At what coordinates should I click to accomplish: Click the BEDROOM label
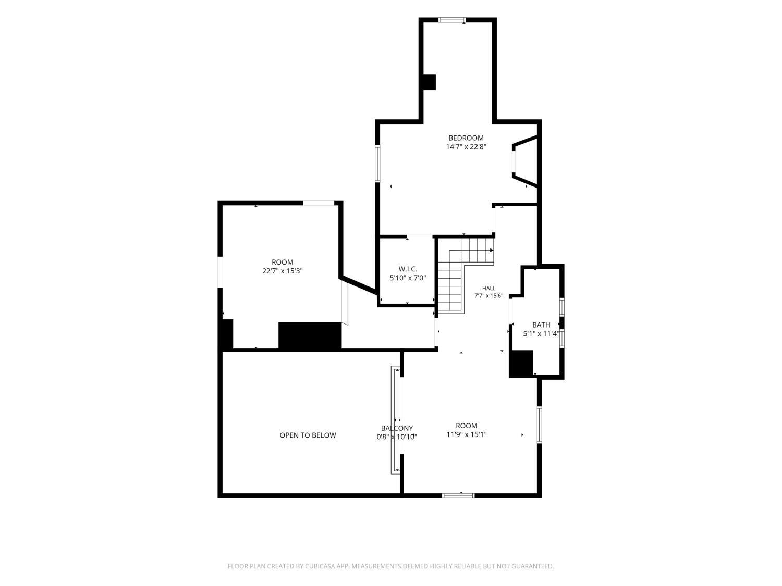[x=466, y=138]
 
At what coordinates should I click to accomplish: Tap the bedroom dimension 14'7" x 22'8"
[x=466, y=146]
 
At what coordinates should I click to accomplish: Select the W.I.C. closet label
[x=408, y=269]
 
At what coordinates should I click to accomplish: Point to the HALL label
[x=489, y=288]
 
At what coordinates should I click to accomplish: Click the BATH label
[x=541, y=325]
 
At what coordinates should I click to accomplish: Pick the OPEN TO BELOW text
[x=308, y=435]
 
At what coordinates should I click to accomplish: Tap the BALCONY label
[x=397, y=428]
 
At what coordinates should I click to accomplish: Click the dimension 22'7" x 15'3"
[x=283, y=271]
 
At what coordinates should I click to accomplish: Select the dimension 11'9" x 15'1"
[x=467, y=434]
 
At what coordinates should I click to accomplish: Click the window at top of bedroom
[x=452, y=20]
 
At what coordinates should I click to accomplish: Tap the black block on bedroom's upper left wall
[x=429, y=82]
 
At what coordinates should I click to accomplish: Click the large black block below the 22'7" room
[x=310, y=335]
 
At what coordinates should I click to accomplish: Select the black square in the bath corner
[x=521, y=363]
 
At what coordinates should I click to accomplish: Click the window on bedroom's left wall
[x=377, y=164]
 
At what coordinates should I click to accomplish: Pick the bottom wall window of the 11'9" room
[x=458, y=495]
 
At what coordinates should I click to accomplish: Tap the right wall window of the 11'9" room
[x=540, y=425]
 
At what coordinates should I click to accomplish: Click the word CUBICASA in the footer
[x=320, y=566]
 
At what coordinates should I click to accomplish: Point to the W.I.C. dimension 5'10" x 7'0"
[x=408, y=278]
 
